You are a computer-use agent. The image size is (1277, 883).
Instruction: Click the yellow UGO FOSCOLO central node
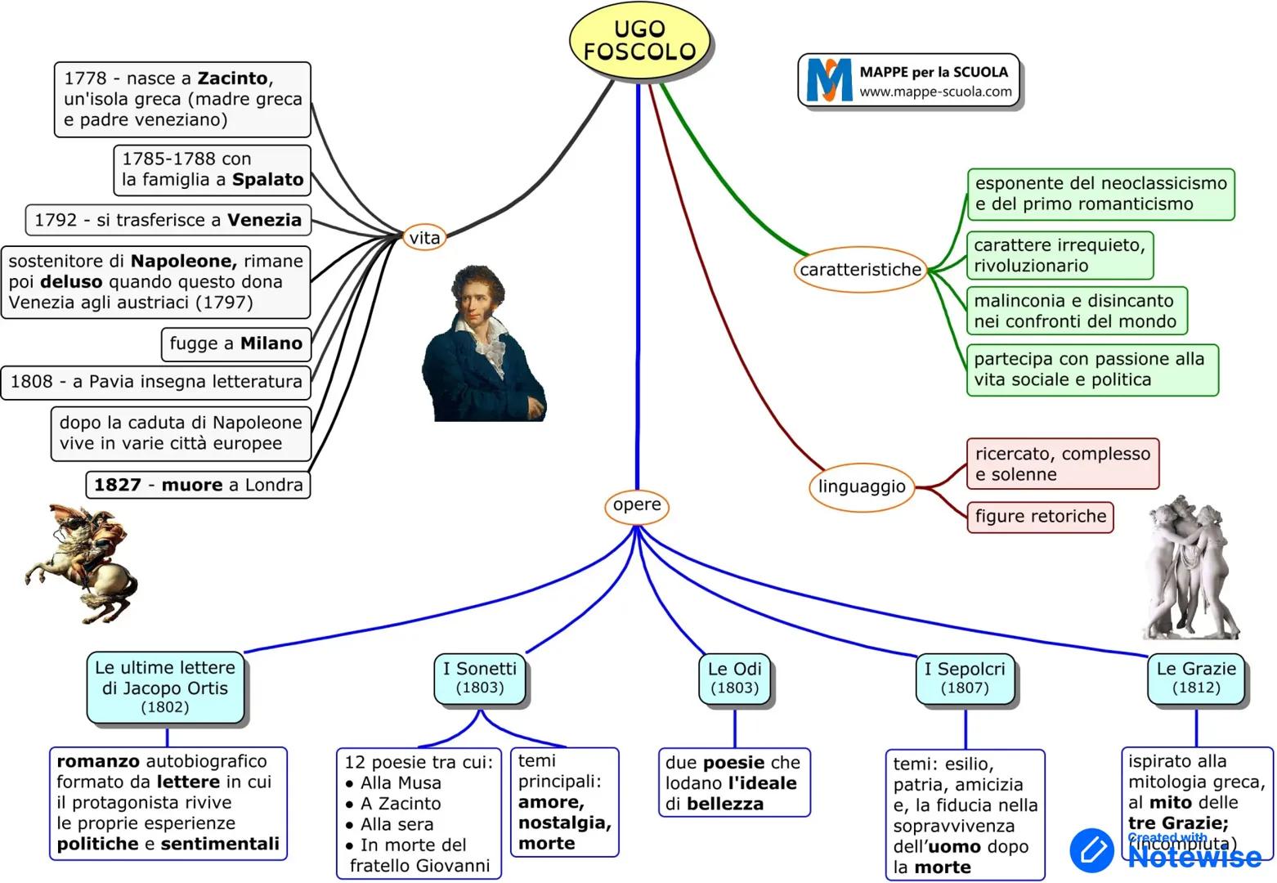click(639, 41)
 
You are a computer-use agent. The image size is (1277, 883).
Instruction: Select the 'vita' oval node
click(424, 238)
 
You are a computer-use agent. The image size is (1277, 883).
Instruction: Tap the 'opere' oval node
click(637, 505)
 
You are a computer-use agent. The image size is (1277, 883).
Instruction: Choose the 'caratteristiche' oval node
click(860, 270)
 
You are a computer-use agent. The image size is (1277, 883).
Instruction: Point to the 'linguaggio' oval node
click(862, 486)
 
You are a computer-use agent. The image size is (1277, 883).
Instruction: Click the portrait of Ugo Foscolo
click(484, 343)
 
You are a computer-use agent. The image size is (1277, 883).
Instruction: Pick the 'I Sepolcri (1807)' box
click(965, 679)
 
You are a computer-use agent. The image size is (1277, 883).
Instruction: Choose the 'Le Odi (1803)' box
click(734, 678)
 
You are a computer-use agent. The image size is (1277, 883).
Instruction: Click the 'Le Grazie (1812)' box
click(1196, 678)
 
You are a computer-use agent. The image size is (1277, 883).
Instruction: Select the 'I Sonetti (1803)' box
click(480, 678)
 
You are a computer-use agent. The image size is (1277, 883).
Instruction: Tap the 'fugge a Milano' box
click(236, 343)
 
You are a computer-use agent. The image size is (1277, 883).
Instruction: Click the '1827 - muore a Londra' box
click(198, 485)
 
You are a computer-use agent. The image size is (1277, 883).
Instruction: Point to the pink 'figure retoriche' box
click(1040, 517)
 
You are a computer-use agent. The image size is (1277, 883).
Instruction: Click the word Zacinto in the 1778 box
click(233, 78)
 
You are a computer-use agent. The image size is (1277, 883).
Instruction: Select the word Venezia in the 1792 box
click(264, 220)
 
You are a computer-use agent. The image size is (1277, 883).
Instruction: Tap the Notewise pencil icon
click(1092, 850)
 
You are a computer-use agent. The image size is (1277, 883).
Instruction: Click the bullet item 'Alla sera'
click(397, 824)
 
